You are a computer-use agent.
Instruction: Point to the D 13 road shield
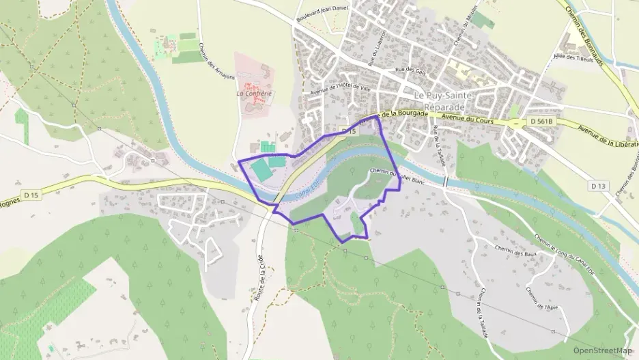[x=598, y=186]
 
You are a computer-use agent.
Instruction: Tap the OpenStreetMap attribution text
[x=603, y=350]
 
